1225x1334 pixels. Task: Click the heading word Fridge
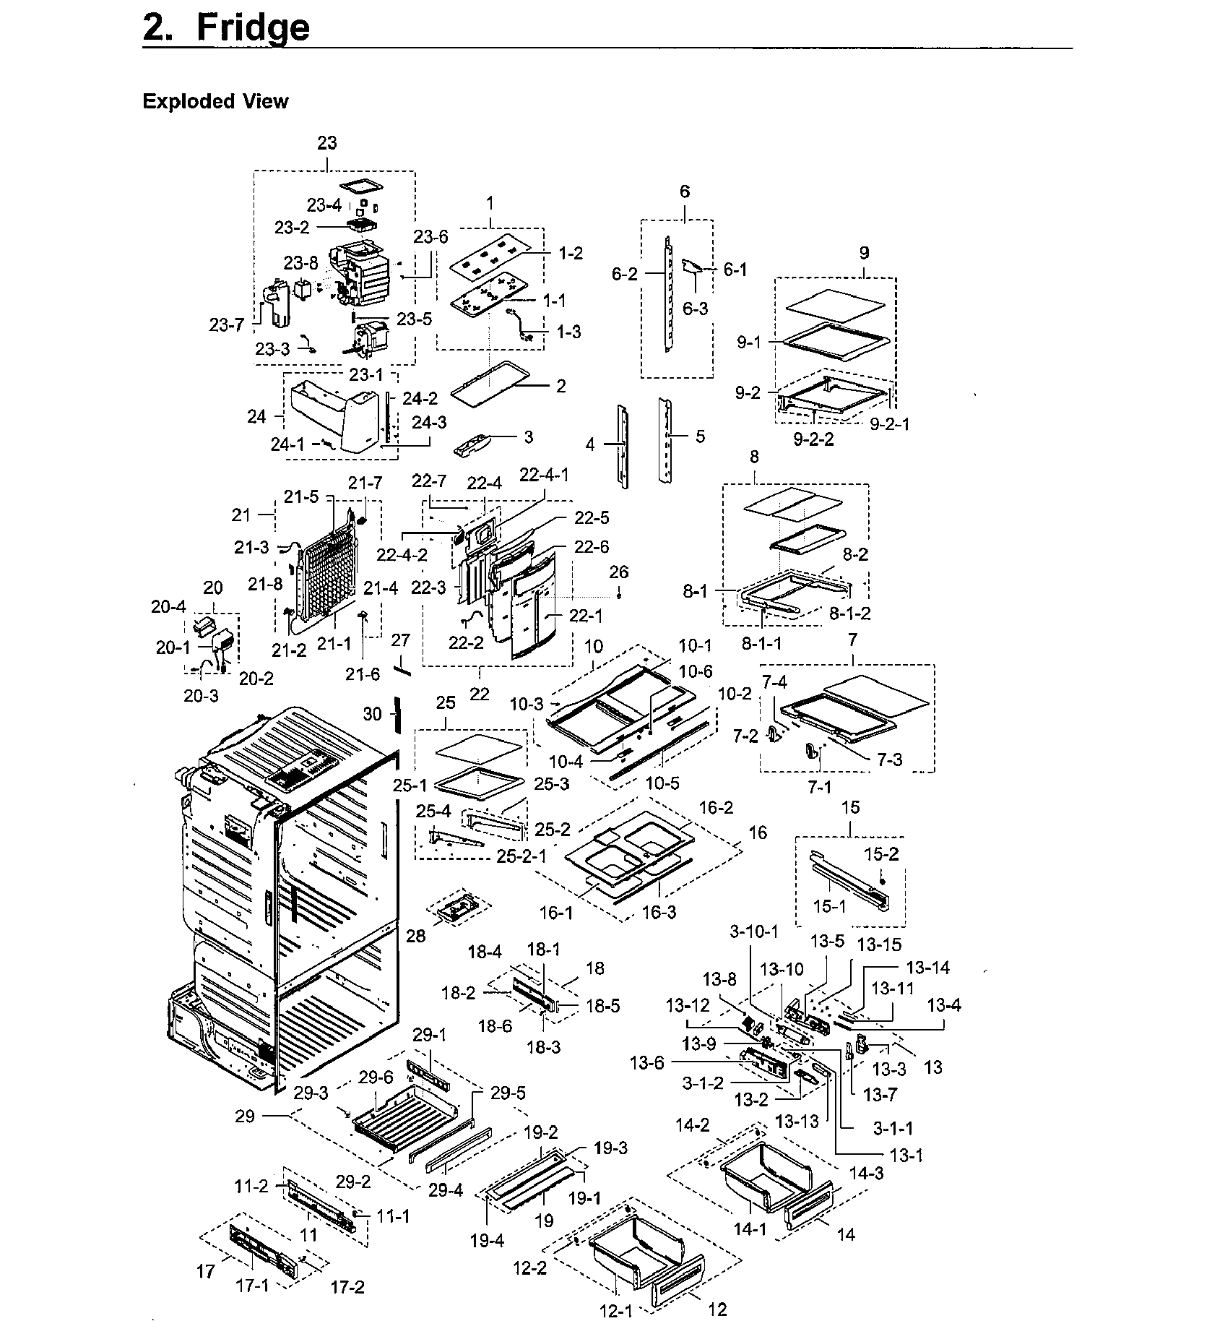[x=252, y=27]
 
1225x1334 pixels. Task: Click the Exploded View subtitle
[x=215, y=101]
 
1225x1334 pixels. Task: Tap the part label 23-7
[x=227, y=325]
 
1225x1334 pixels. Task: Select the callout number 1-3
[x=568, y=332]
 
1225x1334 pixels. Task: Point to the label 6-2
[x=625, y=274]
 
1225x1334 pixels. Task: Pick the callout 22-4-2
[x=402, y=554]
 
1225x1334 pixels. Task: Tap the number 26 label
[x=619, y=572]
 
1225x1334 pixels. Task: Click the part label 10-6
[x=696, y=671]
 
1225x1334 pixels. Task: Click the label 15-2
[x=881, y=854]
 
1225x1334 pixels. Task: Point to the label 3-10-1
[x=753, y=931]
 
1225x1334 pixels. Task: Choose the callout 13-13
[x=797, y=1121]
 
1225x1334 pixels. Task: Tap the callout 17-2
[x=347, y=1286]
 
